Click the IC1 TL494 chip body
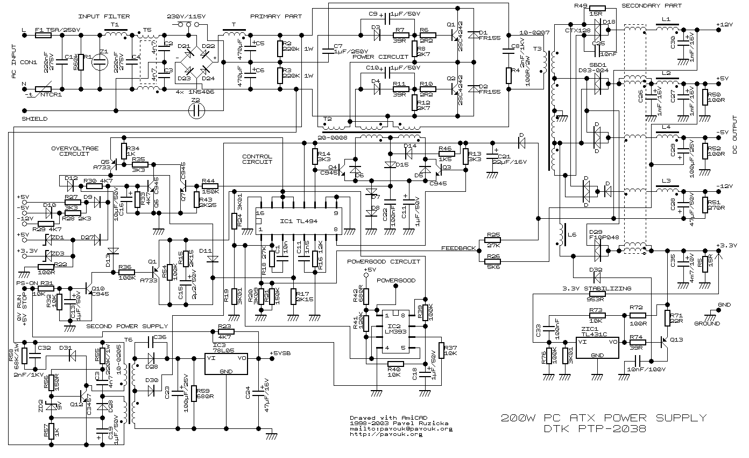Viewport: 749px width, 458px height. coord(298,221)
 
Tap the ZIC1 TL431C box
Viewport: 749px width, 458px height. coord(597,349)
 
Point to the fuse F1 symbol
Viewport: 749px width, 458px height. coord(43,34)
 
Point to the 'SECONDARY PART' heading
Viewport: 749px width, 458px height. coord(651,5)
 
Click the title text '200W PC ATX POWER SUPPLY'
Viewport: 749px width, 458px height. coord(603,418)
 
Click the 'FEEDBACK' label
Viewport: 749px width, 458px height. coord(458,248)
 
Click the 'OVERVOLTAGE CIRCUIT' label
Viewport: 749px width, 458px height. coord(75,151)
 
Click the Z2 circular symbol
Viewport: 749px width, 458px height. coord(197,110)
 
